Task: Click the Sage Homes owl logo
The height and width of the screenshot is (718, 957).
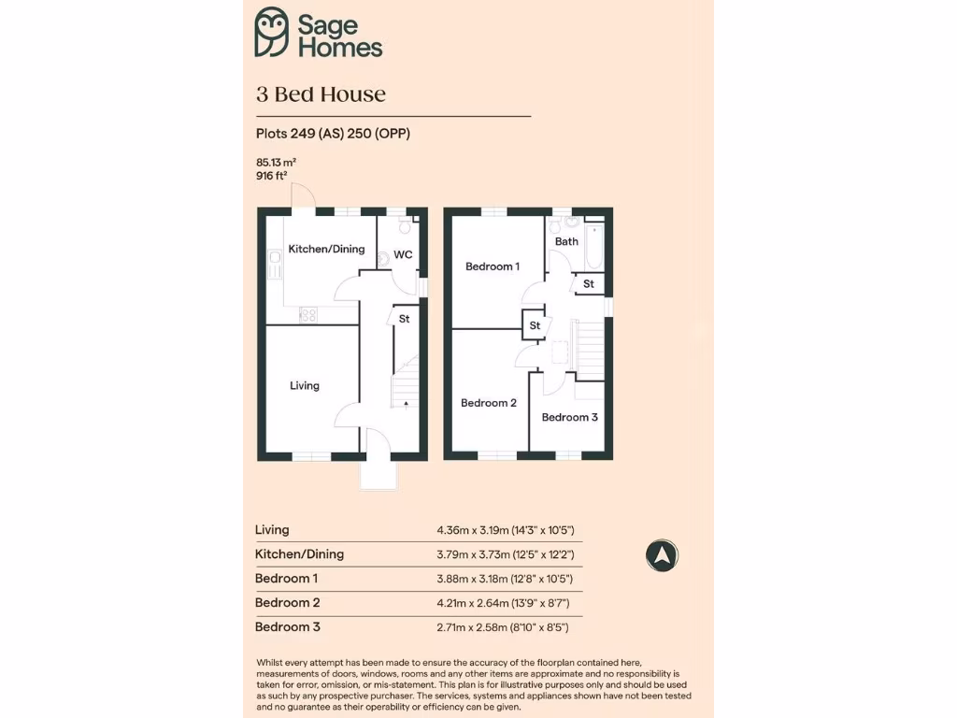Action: click(272, 33)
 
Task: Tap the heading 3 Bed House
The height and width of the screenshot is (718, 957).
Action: click(321, 94)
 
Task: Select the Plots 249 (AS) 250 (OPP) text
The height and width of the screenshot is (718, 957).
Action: click(333, 134)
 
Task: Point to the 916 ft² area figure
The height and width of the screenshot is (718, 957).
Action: click(271, 175)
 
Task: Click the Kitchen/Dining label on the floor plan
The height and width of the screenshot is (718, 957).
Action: click(326, 250)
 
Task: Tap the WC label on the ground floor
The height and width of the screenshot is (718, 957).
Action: click(403, 254)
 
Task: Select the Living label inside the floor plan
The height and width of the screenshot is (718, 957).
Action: click(305, 385)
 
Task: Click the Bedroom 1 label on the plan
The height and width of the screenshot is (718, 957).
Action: click(493, 266)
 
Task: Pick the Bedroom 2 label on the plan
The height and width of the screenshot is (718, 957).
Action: click(489, 403)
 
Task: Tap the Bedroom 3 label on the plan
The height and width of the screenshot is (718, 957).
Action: click(569, 417)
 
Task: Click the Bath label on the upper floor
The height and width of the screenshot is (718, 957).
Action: click(566, 241)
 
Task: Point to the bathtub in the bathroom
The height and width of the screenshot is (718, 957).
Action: click(594, 245)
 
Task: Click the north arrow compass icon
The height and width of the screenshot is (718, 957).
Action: click(662, 555)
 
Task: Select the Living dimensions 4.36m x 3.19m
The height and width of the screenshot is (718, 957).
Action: click(505, 530)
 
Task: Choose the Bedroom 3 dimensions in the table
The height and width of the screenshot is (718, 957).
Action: click(505, 627)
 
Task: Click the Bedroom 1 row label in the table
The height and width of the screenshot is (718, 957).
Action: click(287, 579)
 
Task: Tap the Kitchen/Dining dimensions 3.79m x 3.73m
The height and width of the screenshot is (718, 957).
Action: click(505, 554)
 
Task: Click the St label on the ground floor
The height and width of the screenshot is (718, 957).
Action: click(404, 319)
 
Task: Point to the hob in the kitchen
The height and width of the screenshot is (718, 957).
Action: click(308, 316)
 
